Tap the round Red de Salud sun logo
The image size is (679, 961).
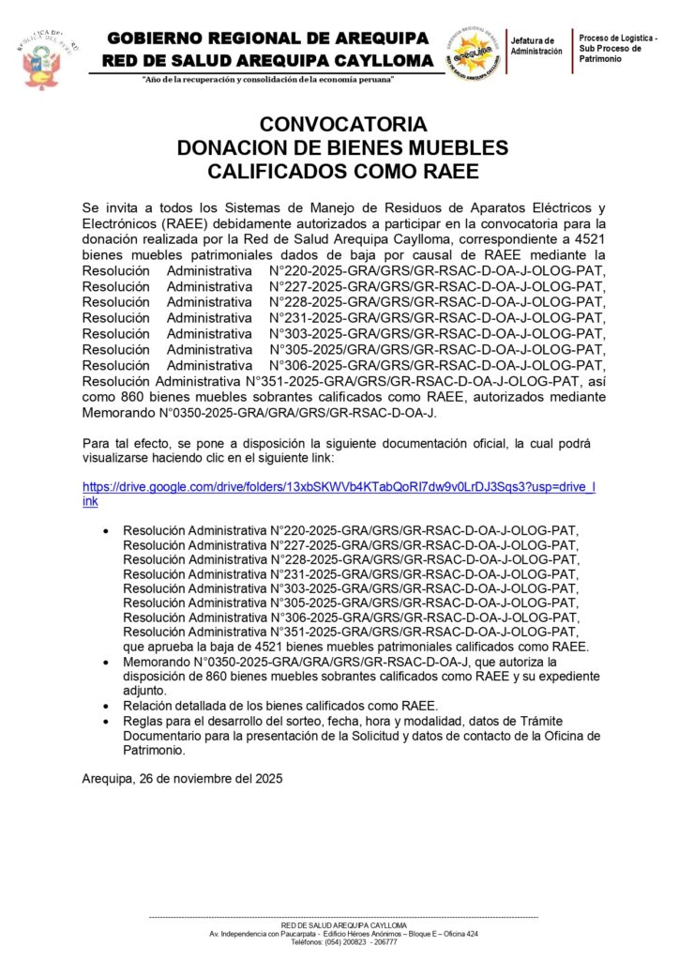pyautogui.click(x=473, y=52)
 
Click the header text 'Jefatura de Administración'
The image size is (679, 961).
pyautogui.click(x=536, y=45)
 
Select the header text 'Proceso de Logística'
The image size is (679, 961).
pyautogui.click(x=617, y=37)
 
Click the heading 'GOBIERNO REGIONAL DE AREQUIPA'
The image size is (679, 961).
pyautogui.click(x=268, y=38)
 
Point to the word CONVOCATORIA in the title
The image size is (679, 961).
pyautogui.click(x=342, y=125)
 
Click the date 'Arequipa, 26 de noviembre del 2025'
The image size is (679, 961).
pyautogui.click(x=182, y=779)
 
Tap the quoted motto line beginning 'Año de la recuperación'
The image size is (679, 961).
pyautogui.click(x=267, y=79)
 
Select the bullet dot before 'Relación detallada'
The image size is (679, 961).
pyautogui.click(x=102, y=705)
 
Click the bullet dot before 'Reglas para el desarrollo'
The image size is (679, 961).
pyautogui.click(x=102, y=721)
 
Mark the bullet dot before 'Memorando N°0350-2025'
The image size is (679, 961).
pyautogui.click(x=102, y=662)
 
